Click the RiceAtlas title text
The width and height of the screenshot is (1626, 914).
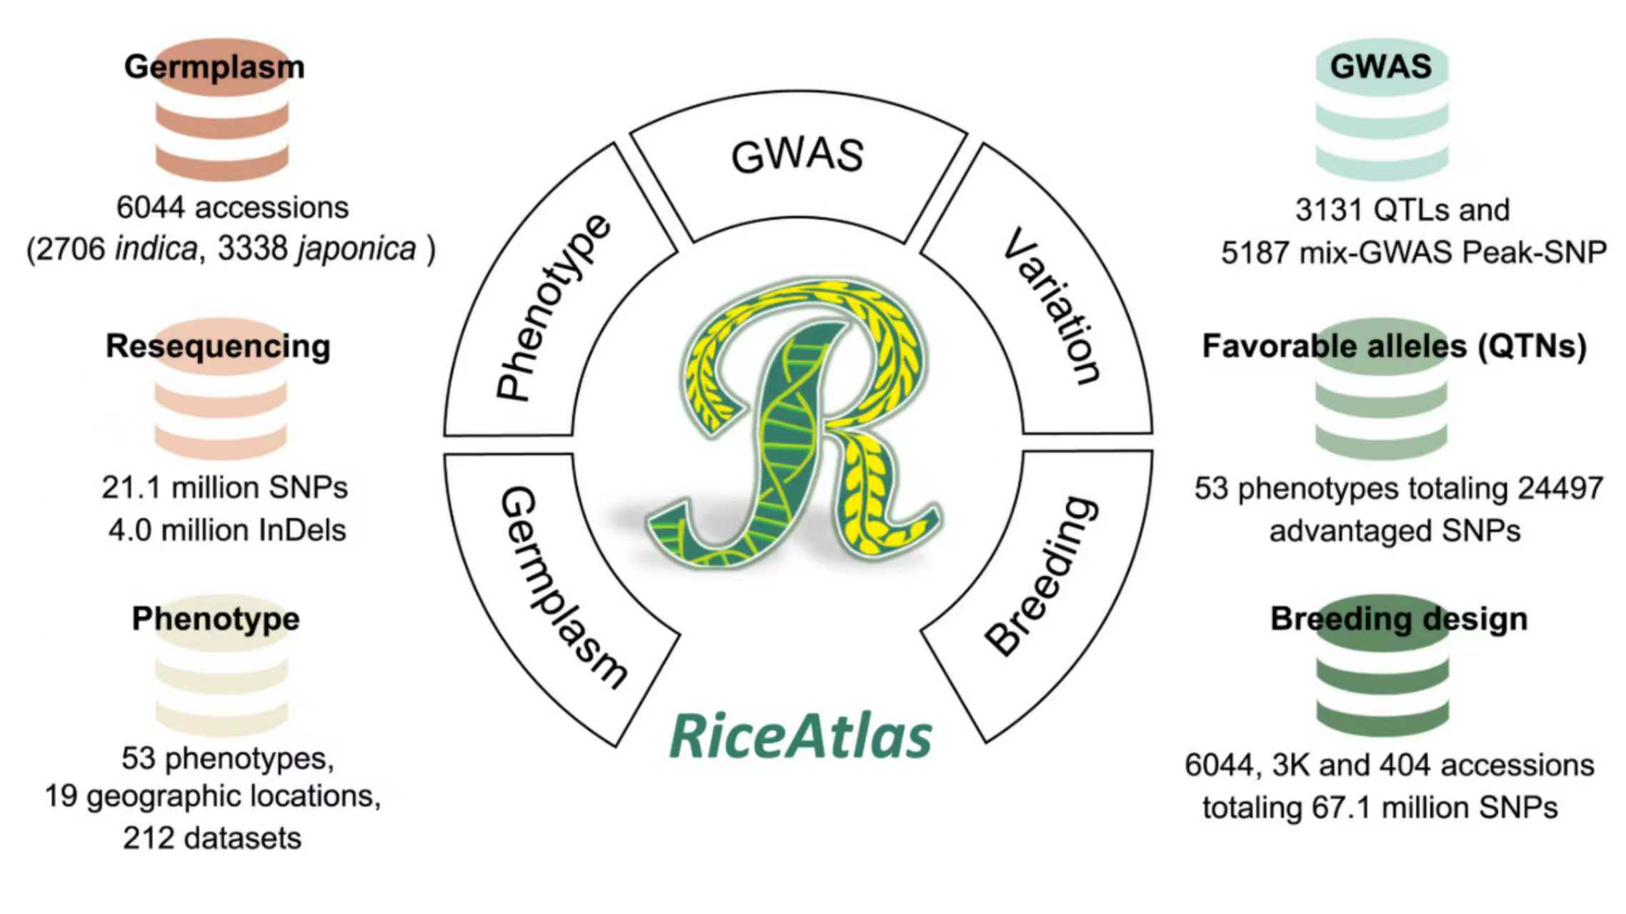(800, 737)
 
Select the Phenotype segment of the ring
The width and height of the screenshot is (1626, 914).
(554, 307)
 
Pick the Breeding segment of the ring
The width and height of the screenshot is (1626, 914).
(1043, 575)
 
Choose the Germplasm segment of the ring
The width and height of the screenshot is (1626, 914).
(561, 586)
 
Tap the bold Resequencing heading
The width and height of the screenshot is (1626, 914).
(218, 346)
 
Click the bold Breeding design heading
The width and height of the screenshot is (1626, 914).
(1399, 619)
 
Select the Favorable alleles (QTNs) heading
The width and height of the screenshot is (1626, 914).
(1394, 346)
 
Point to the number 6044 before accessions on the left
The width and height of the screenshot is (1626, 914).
(151, 209)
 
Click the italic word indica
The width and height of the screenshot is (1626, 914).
(156, 250)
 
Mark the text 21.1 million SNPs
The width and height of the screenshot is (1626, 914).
(224, 488)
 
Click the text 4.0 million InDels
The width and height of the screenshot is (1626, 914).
(227, 531)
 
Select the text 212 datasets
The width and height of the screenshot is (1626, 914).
(212, 838)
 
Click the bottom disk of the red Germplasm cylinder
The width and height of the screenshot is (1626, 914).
(222, 164)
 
